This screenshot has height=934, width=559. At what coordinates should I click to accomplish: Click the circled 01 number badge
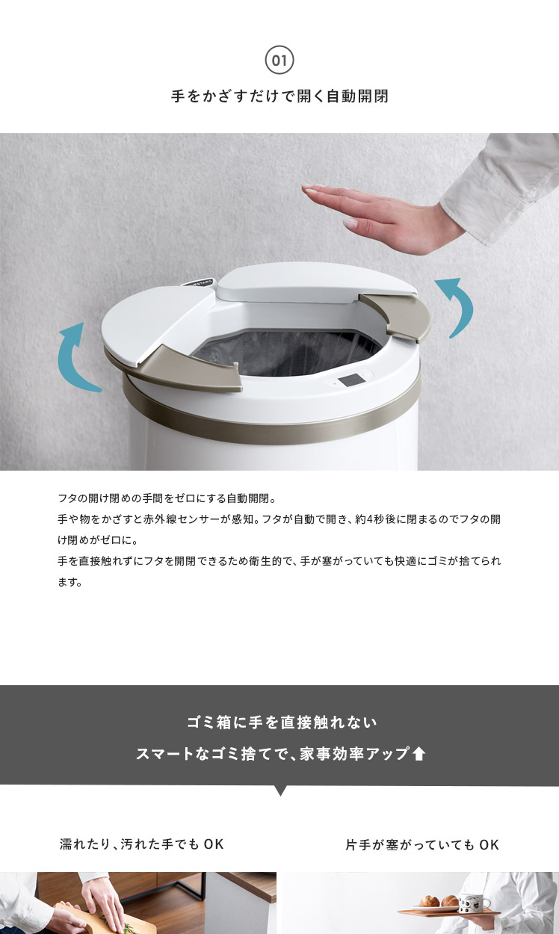pos(279,61)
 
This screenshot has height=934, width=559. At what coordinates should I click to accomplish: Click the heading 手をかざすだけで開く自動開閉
pos(279,96)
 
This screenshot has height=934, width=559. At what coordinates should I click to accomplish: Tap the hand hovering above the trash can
pos(375,217)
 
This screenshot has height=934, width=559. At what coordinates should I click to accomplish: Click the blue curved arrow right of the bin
pos(459,306)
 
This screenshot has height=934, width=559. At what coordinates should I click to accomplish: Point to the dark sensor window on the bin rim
pos(349,380)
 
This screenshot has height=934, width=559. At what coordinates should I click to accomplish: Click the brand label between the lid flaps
pos(199,282)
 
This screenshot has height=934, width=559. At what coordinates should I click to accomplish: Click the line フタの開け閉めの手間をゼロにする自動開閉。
pos(167,498)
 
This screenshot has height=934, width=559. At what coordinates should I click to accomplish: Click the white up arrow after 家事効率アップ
pos(418,754)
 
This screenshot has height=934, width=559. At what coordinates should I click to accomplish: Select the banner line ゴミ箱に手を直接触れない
pos(282,723)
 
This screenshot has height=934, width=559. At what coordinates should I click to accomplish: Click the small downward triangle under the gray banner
pos(280,790)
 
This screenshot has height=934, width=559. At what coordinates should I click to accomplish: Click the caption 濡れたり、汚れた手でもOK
pos(142,844)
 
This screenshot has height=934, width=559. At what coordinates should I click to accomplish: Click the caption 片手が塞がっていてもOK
pos(422,845)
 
